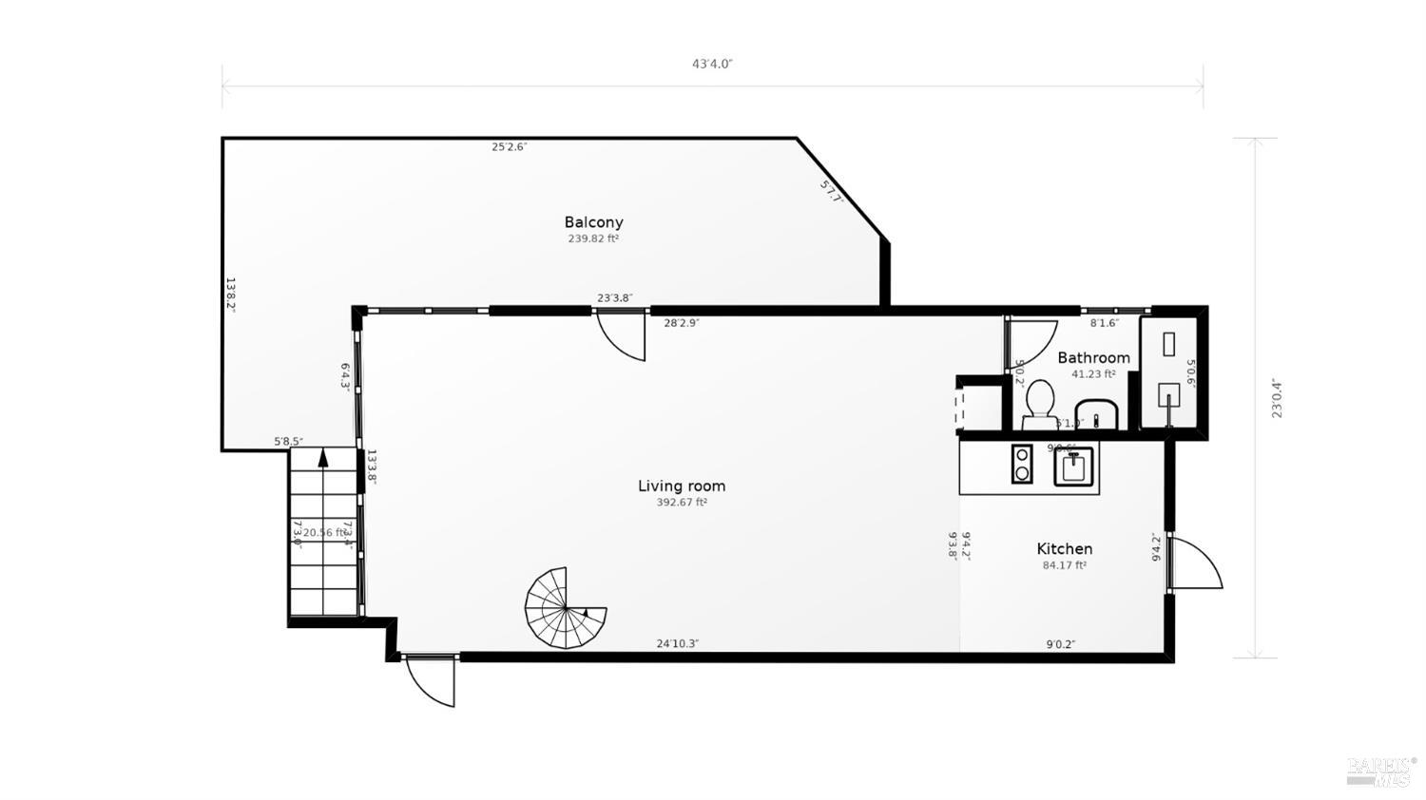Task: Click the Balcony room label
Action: [593, 222]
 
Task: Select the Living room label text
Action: [681, 486]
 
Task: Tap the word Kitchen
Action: [1064, 548]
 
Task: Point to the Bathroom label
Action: [1093, 357]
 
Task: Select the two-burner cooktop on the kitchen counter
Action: [1022, 464]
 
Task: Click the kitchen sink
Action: [1074, 466]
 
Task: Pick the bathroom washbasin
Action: [1102, 416]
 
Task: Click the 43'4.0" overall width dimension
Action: [712, 65]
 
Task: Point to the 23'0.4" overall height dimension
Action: [1277, 398]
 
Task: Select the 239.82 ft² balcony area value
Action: [593, 239]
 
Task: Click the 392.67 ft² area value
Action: [681, 503]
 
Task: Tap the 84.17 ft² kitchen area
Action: [1064, 565]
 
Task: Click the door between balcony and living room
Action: [622, 335]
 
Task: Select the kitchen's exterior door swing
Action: [1195, 563]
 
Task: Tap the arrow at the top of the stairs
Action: [323, 458]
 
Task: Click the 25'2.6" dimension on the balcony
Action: [509, 147]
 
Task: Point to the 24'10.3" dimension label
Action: [677, 643]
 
